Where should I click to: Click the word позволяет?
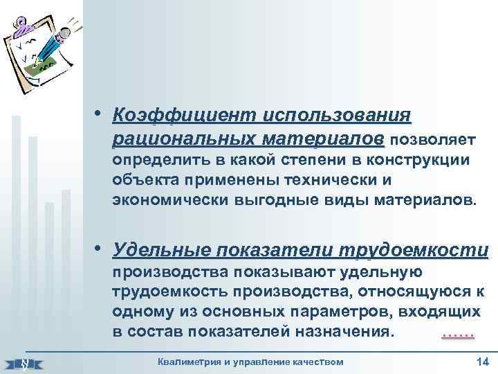[x=432, y=141]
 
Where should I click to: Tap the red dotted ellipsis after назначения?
[x=457, y=335]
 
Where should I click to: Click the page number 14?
[x=482, y=362]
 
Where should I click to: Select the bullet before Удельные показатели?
[x=101, y=248]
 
